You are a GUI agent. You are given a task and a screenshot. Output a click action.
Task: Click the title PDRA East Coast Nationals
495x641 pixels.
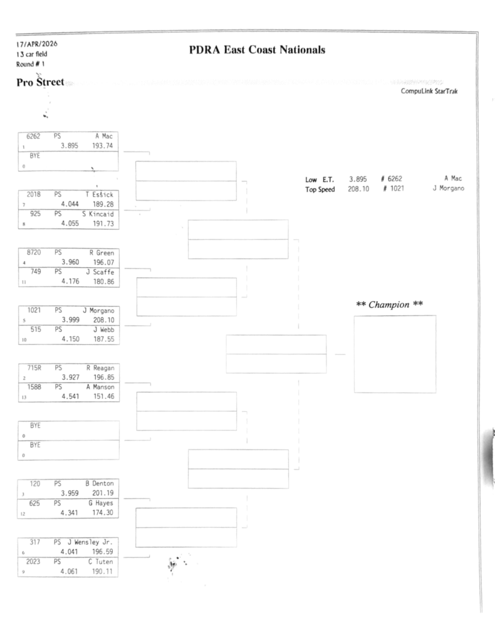pyautogui.click(x=257, y=50)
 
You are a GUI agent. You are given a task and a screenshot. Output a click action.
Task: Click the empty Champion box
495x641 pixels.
pyautogui.click(x=394, y=354)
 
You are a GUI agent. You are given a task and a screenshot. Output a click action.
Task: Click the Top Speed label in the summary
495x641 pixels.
pyautogui.click(x=320, y=189)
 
